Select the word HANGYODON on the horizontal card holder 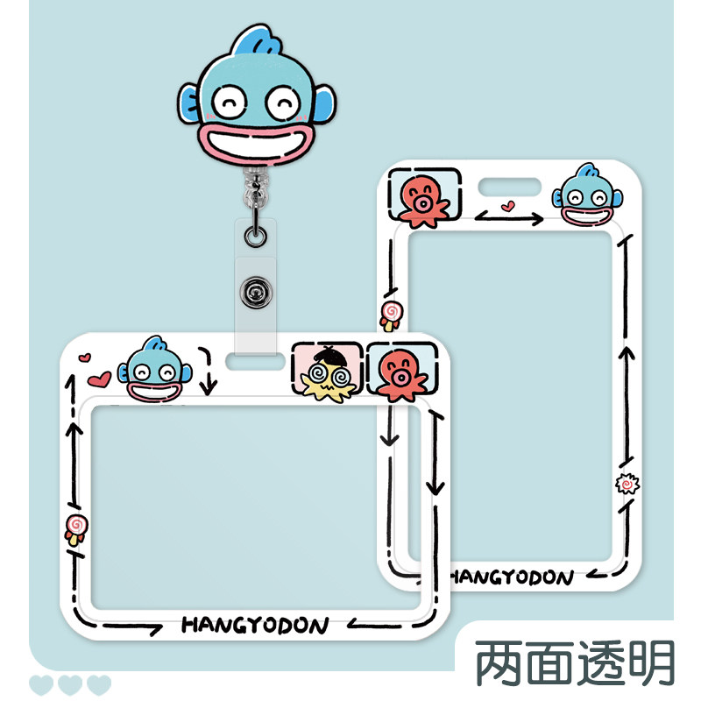(x=255, y=625)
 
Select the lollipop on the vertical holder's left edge (x=391, y=313)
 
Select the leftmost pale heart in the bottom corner (x=41, y=684)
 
